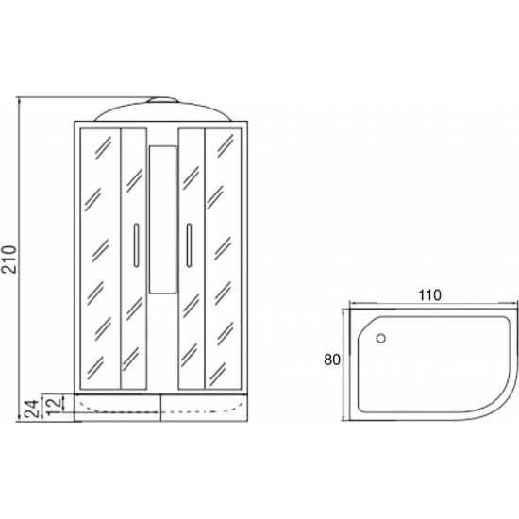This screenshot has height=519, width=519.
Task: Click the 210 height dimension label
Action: [10, 259]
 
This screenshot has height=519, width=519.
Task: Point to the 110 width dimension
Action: [430, 295]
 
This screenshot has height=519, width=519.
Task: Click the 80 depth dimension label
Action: [332, 360]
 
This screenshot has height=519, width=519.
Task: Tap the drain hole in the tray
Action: [381, 338]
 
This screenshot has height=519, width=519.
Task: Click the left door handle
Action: [136, 245]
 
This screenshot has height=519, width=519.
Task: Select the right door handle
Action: [189, 245]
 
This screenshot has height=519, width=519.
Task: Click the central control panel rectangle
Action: [162, 220]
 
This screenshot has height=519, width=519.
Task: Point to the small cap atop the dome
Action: [162, 99]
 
